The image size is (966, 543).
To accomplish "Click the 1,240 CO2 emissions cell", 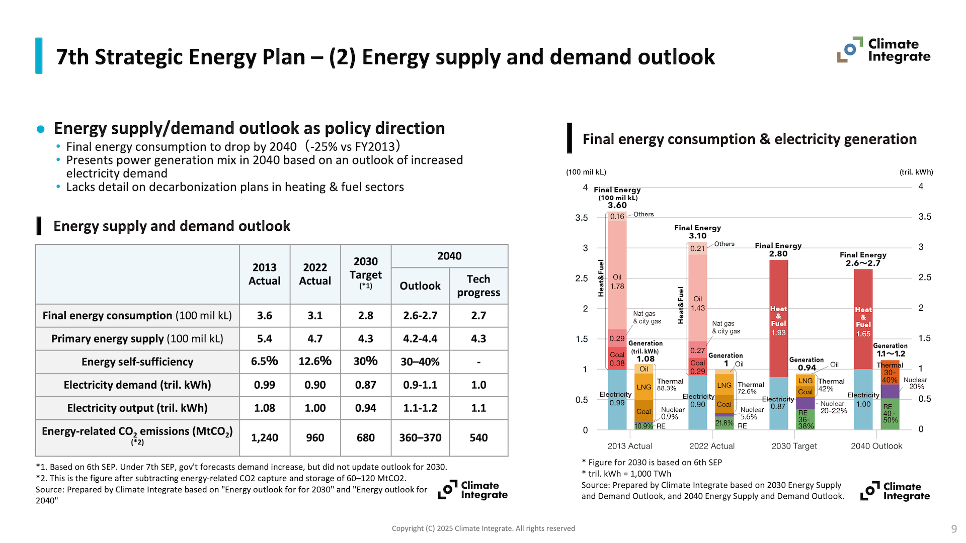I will click(264, 437).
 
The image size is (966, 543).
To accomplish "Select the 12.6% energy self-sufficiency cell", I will click(315, 361).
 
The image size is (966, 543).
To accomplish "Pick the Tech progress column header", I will click(478, 286).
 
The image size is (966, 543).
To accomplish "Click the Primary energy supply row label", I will click(137, 338).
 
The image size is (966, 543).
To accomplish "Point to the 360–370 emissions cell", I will click(420, 437).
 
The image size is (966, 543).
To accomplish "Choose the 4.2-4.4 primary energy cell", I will click(420, 338).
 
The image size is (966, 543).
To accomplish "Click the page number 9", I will click(954, 529).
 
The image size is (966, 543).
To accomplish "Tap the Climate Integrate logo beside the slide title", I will click(884, 50).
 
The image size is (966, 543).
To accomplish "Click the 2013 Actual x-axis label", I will click(629, 446).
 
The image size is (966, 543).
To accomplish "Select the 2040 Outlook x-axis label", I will click(876, 446).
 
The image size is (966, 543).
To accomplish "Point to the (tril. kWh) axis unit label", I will click(916, 172).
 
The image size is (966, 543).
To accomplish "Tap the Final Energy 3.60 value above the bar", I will click(617, 205).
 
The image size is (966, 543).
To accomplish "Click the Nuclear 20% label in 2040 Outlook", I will click(915, 383).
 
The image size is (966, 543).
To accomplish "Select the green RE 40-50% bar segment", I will click(890, 413).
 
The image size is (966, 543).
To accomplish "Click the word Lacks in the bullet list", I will click(80, 187).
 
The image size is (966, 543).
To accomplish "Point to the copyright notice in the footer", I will click(483, 528).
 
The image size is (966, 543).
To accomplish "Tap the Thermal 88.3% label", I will click(670, 385).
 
